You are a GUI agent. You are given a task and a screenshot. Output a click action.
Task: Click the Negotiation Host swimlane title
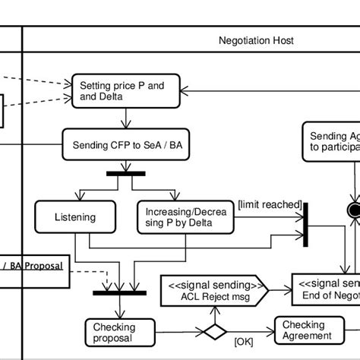[x=256, y=40]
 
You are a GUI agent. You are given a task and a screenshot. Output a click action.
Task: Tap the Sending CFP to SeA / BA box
[x=125, y=144]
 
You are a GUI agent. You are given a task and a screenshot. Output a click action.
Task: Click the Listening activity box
[x=74, y=217]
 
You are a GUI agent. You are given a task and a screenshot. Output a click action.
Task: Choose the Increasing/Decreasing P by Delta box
[x=185, y=217]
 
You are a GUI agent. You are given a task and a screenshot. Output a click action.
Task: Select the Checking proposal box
[x=114, y=332]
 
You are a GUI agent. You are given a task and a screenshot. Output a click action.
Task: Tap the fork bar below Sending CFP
[x=125, y=174]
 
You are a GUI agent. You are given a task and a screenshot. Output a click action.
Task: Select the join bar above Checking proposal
[x=119, y=292]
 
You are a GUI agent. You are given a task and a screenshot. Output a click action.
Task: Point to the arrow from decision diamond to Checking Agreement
[x=251, y=332]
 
